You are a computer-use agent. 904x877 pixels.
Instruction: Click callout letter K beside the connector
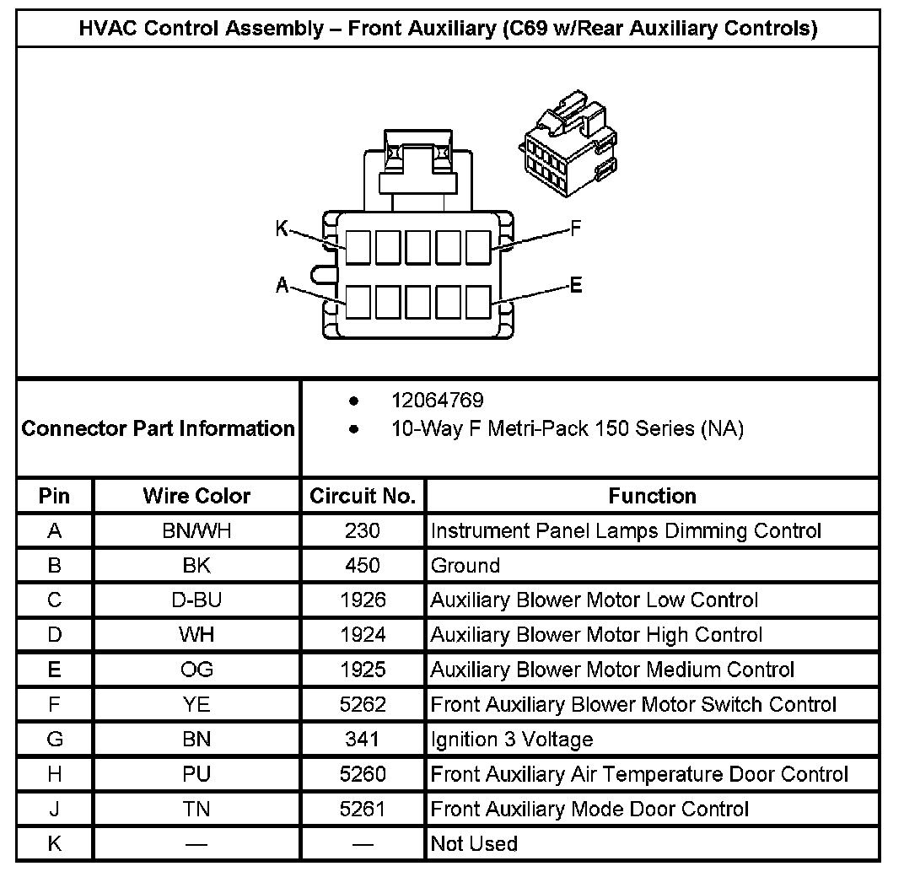pyautogui.click(x=282, y=228)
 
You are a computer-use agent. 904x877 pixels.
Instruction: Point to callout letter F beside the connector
pyautogui.click(x=576, y=228)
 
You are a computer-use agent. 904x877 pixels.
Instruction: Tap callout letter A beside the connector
pyautogui.click(x=282, y=286)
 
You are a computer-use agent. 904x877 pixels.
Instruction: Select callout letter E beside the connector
pyautogui.click(x=576, y=285)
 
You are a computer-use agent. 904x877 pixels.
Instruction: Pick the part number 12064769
pyautogui.click(x=437, y=401)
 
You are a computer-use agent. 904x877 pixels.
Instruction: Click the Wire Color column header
pyautogui.click(x=196, y=496)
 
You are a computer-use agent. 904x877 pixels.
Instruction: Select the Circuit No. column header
pyautogui.click(x=363, y=496)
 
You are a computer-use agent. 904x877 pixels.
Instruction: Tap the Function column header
pyautogui.click(x=652, y=496)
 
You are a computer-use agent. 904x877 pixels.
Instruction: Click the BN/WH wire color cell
pyautogui.click(x=196, y=531)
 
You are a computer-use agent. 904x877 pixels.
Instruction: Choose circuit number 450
pyautogui.click(x=363, y=566)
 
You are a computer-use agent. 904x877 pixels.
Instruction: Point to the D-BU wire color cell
pyautogui.click(x=196, y=600)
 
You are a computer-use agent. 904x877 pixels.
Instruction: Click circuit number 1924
pyautogui.click(x=363, y=635)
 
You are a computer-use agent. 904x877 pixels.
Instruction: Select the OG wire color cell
pyautogui.click(x=196, y=670)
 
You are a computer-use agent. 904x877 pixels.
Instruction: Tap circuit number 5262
pyautogui.click(x=363, y=704)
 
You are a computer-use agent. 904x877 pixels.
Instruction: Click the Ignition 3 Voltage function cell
pyautogui.click(x=512, y=740)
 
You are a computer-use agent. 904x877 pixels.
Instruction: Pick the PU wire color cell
pyautogui.click(x=196, y=774)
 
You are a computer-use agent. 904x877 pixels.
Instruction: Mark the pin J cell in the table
pyautogui.click(x=55, y=809)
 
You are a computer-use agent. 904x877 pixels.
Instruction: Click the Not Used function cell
pyautogui.click(x=474, y=843)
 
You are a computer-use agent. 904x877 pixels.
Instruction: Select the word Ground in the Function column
pyautogui.click(x=465, y=566)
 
